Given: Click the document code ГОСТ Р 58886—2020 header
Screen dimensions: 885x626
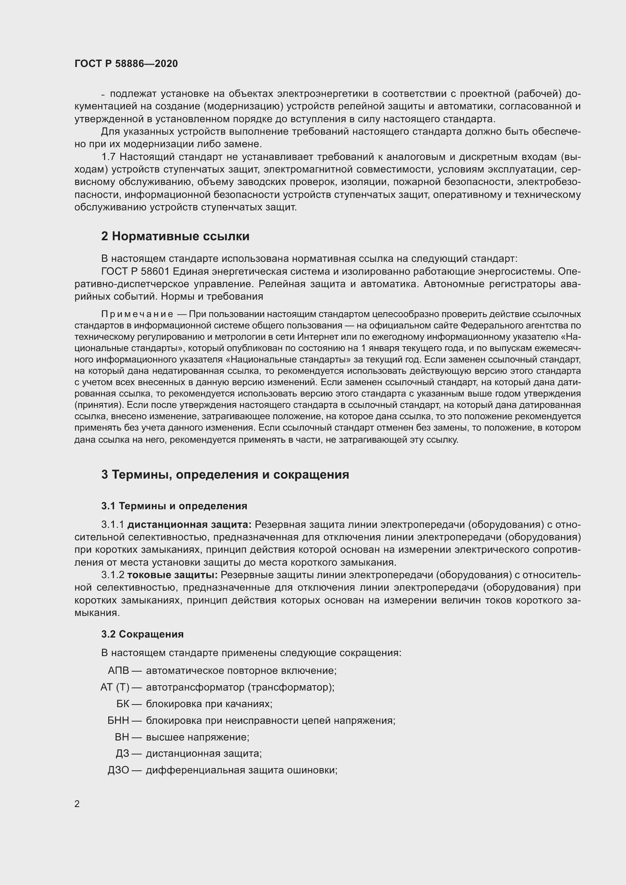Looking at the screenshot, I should tap(126, 64).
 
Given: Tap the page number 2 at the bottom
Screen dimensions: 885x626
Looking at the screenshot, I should tap(77, 804).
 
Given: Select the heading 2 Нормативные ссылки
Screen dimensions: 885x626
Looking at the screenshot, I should tap(175, 236).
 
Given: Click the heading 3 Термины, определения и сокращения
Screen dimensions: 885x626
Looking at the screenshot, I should tap(225, 474).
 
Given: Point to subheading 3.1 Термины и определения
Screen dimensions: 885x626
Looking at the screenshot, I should tap(174, 506).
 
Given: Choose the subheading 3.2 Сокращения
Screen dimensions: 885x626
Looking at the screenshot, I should tap(142, 634).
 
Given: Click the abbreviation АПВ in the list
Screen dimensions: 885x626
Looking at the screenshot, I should tap(118, 671).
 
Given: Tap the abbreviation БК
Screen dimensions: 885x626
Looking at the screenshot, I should tap(123, 704).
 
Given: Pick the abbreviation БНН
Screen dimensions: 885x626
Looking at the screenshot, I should tap(118, 720).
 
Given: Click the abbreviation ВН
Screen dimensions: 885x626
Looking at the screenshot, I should tap(122, 737).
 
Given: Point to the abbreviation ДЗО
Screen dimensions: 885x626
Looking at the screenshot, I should tap(118, 770).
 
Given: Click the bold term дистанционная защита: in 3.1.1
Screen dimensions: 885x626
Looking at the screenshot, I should tap(189, 524).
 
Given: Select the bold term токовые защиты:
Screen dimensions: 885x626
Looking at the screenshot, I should tap(172, 575).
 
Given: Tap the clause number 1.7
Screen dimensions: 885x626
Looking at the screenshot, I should tap(108, 157).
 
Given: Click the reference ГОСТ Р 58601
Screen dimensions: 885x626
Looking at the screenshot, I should tap(135, 271).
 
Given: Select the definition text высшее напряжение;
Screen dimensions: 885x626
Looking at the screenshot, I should tap(197, 737).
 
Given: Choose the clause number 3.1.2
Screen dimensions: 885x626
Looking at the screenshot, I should tap(112, 575).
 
